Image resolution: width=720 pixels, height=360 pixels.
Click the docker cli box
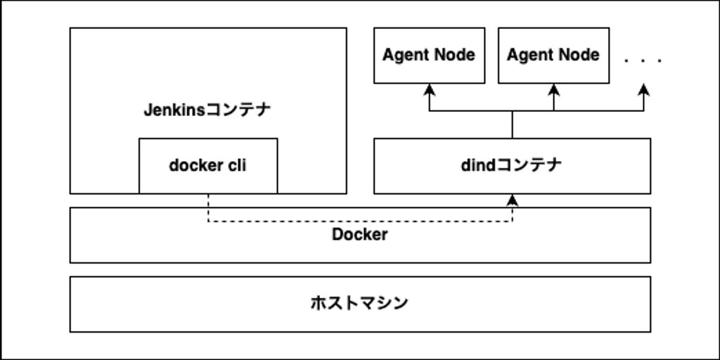click(x=208, y=166)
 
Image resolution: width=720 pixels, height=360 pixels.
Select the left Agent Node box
click(x=429, y=56)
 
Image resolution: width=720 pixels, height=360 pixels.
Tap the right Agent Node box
click(x=553, y=56)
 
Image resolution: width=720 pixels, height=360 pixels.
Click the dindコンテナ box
click(x=512, y=166)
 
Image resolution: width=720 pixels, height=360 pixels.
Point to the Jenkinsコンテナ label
click(x=207, y=110)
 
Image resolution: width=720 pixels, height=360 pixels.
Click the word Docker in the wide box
click(x=359, y=235)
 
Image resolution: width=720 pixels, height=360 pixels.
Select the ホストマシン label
click(x=359, y=304)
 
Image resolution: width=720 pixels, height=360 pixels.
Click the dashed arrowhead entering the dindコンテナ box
click(x=513, y=200)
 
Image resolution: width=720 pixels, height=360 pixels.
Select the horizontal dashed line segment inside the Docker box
click(x=359, y=221)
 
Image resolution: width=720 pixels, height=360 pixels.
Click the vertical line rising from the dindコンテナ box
click(x=513, y=124)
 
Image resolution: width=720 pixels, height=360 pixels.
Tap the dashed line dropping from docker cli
click(x=208, y=207)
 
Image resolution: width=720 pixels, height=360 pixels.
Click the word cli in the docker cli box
click(x=234, y=166)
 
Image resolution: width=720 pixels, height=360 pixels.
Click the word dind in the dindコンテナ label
click(x=478, y=166)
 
